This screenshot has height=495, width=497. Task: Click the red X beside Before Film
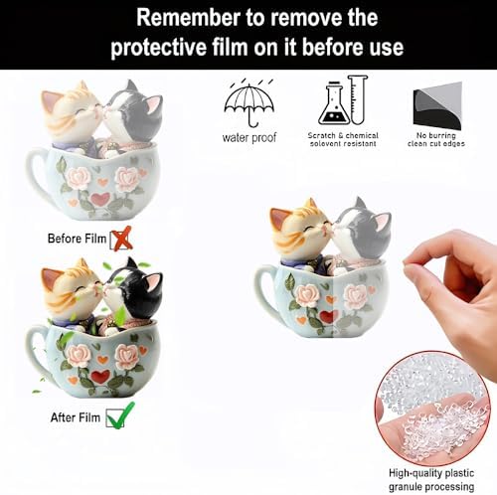coord(121,239)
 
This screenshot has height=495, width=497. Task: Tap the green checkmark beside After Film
coord(120,415)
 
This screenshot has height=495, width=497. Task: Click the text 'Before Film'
coord(77,240)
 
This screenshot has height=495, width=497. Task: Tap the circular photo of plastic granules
coord(431,409)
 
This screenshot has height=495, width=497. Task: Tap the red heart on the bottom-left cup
coord(100,377)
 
